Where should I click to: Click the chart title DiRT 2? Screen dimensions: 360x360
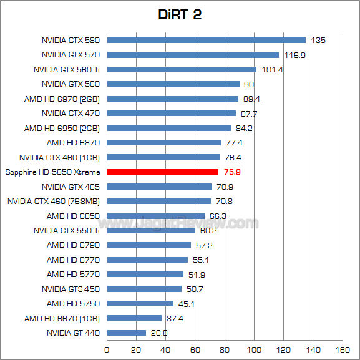180,14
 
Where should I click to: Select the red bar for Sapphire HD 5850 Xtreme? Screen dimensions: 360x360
163,172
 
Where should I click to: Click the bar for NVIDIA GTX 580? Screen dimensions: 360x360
206,40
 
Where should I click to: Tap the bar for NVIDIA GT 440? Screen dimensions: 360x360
127,333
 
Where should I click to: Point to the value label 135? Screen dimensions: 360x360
318,41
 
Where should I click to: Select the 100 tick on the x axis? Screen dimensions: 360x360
255,349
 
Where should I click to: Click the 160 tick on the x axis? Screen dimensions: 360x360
343,349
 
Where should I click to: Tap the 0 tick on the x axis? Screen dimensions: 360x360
107,349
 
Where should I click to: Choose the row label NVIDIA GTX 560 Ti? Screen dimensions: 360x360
67,69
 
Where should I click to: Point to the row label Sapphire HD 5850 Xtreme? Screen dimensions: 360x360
53,172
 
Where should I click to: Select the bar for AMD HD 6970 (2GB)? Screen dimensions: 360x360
173,99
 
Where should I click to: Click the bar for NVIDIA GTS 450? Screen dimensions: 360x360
144,289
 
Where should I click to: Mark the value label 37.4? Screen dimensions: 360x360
174,318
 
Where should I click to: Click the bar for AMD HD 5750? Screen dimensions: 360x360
140,303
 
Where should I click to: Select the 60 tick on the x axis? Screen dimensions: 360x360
195,349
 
